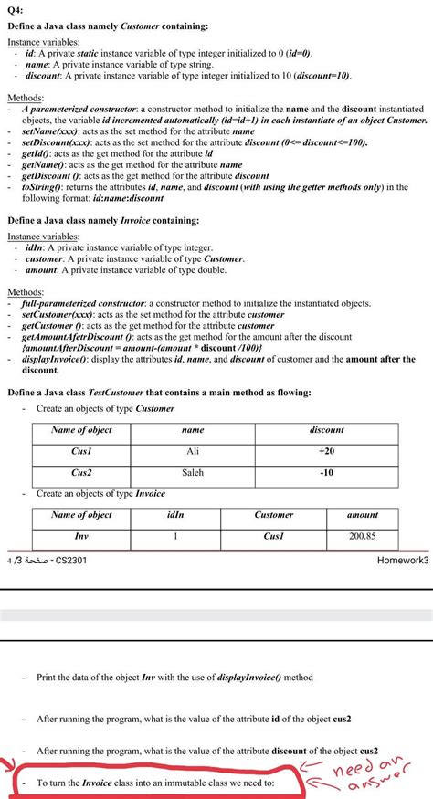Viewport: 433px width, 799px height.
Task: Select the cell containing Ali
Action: point(193,451)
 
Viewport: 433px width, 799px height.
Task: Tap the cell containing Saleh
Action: point(193,473)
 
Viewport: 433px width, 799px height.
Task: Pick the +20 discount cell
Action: point(326,451)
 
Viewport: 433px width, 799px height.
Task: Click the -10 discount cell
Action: point(326,473)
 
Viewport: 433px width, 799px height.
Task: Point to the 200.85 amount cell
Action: point(362,536)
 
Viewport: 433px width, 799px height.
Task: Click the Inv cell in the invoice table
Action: point(81,536)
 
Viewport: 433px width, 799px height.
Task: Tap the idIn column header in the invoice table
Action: point(175,515)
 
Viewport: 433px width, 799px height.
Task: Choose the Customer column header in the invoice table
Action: point(273,515)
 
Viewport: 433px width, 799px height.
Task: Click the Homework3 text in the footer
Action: point(402,560)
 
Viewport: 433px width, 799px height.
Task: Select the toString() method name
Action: point(44,186)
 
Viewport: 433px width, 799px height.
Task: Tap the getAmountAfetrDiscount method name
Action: point(76,336)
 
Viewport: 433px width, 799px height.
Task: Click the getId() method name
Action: point(37,154)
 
